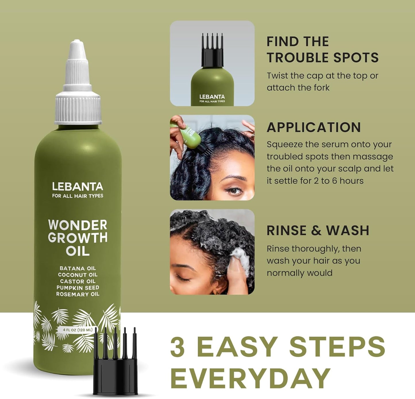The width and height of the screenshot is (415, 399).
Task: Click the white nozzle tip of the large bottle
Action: pos(77,46)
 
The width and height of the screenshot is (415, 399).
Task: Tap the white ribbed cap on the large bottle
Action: pos(78,106)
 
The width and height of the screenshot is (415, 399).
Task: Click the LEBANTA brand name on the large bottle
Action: pos(78,187)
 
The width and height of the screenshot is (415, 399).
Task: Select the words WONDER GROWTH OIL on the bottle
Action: pos(78,238)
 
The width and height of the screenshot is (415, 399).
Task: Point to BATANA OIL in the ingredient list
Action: pos(78,268)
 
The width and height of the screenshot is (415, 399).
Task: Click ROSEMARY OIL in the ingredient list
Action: pos(78,294)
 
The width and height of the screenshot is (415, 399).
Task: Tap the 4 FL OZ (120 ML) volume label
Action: pos(78,330)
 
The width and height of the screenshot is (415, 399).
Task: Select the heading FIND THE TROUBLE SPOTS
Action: pos(322,50)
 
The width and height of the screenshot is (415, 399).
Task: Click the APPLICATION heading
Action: pos(314,128)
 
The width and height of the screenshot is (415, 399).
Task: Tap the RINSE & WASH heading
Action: pos(318,230)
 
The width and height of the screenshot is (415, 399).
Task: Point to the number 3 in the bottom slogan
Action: pos(178,347)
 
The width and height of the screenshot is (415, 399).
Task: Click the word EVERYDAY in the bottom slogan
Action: pos(250,378)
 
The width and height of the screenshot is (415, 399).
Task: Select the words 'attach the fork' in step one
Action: pos(298,88)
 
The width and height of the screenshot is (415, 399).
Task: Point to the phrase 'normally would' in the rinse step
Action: pos(299,273)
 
